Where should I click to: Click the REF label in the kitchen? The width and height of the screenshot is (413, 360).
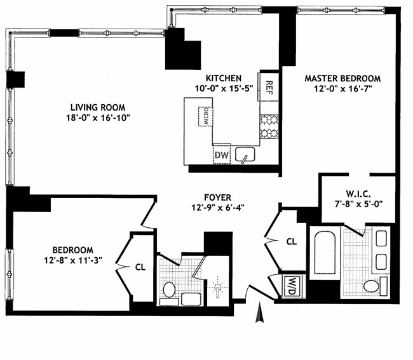(x=269, y=85)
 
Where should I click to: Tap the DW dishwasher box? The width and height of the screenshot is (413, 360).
(x=221, y=154)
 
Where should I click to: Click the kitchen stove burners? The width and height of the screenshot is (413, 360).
(x=269, y=126)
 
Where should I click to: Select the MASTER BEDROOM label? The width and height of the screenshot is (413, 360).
(x=342, y=79)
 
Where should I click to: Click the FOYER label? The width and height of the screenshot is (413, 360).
(x=218, y=197)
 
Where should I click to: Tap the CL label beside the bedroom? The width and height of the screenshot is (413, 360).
(x=140, y=267)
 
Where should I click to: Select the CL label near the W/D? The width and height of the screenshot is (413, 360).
(x=292, y=241)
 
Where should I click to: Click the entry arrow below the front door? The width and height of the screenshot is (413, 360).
(x=259, y=314)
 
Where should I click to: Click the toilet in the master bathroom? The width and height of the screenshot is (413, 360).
(x=372, y=286)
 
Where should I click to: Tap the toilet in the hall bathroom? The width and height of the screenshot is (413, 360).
(x=170, y=290)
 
